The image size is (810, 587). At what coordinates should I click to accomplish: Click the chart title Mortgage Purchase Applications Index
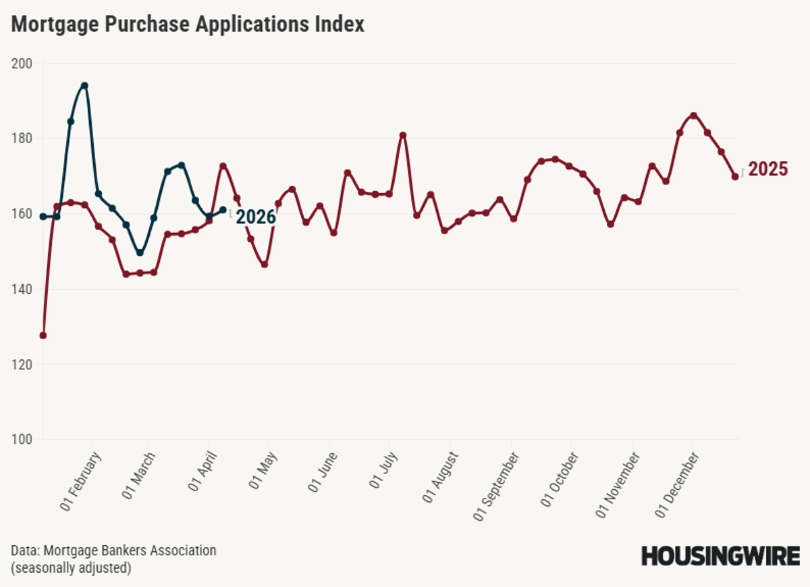tap(188, 25)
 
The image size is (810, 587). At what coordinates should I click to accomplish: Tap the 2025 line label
tap(768, 169)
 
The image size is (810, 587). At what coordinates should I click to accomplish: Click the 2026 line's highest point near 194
tap(84, 86)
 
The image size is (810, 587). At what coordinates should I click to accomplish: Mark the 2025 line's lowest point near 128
tap(43, 335)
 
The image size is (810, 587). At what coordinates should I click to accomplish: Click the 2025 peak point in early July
tap(403, 135)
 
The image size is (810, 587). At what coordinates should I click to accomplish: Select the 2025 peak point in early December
tap(693, 116)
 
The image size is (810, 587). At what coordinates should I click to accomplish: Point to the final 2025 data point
tap(735, 176)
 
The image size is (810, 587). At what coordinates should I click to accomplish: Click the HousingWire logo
tap(720, 557)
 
